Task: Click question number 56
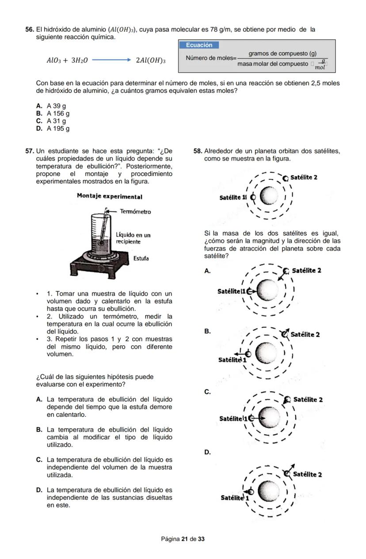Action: coord(29,30)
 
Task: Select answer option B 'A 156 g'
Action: coord(57,113)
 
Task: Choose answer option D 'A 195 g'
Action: coord(57,128)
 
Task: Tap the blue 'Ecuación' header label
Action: coord(199,45)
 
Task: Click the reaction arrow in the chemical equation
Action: coord(111,60)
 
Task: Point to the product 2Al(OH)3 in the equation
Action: coord(151,60)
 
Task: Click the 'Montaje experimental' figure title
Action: coord(109,196)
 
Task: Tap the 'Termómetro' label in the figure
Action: coord(135,212)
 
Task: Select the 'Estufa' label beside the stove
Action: coord(141,258)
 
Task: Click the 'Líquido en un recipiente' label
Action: coord(133,238)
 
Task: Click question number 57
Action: coord(29,151)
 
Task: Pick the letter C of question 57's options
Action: coord(39,460)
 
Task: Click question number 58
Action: coord(198,151)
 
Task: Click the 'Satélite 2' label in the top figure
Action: coord(304,178)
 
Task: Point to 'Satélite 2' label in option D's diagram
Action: coord(307,475)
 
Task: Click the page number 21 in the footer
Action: coord(185,539)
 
